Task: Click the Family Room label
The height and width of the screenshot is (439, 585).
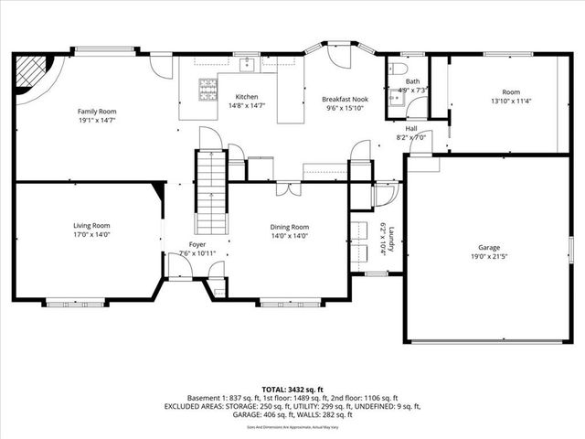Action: click(96, 112)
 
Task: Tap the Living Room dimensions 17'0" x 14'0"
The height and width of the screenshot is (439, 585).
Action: click(91, 234)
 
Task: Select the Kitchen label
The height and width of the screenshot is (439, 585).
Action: click(247, 97)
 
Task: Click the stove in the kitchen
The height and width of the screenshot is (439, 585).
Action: click(207, 88)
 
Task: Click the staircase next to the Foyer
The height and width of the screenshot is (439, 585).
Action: click(211, 193)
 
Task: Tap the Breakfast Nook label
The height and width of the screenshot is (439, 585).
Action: click(344, 99)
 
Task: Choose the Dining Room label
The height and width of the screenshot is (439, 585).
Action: click(289, 227)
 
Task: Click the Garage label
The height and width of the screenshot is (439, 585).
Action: click(489, 247)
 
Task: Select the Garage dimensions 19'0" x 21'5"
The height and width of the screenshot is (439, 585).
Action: click(489, 256)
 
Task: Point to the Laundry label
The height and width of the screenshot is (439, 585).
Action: click(391, 240)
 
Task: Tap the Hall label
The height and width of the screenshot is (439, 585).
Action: click(411, 128)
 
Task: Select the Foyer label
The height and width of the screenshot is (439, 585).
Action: click(197, 244)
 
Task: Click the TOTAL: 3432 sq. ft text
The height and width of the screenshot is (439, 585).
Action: click(292, 389)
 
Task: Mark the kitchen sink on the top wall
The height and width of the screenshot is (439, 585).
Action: click(247, 64)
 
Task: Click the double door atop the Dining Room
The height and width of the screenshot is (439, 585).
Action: click(289, 189)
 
